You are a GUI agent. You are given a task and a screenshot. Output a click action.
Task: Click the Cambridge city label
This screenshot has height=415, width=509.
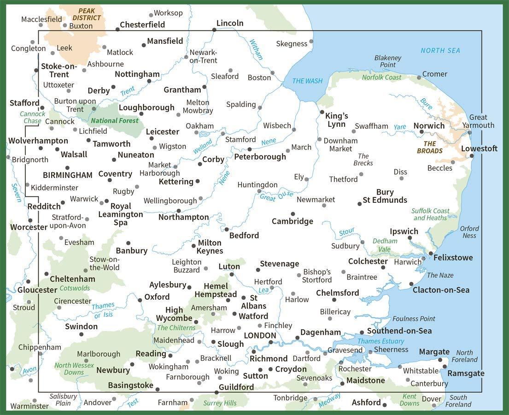pyautogui.click(x=292, y=221)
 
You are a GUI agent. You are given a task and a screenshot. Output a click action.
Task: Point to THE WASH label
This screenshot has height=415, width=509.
pyautogui.click(x=307, y=81)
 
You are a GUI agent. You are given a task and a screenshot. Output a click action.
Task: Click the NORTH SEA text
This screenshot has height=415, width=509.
pyautogui.click(x=440, y=50)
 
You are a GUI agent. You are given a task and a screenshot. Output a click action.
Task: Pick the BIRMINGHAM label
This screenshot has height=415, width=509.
pyautogui.click(x=68, y=175)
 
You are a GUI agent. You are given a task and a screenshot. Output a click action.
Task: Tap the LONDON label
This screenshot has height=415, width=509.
pyautogui.click(x=259, y=336)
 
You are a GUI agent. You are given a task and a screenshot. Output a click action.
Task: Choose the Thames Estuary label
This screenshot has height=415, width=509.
pyautogui.click(x=380, y=341)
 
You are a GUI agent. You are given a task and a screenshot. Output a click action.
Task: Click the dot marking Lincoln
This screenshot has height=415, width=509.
pyautogui.click(x=214, y=30)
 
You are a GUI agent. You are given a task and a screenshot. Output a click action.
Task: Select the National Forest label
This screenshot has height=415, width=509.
pyautogui.click(x=115, y=121)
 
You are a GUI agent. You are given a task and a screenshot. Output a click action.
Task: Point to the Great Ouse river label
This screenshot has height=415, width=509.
pyautogui.click(x=276, y=196)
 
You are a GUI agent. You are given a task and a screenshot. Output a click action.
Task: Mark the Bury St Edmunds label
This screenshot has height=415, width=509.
pyautogui.click(x=385, y=196)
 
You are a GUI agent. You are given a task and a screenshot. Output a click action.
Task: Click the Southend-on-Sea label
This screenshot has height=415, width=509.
pyautogui.click(x=399, y=331)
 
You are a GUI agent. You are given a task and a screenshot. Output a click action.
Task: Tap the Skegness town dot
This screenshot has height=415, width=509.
pyautogui.click(x=311, y=41)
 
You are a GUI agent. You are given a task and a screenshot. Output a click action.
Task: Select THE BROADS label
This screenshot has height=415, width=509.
pyautogui.click(x=429, y=147)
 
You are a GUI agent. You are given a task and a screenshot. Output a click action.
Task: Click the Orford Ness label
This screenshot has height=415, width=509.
pyautogui.click(x=469, y=232)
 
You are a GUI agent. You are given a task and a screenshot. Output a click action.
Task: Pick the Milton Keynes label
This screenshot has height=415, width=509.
pyautogui.click(x=210, y=247)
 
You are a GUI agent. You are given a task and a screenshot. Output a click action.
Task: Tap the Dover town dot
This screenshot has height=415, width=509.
pyautogui.click(x=434, y=406)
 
